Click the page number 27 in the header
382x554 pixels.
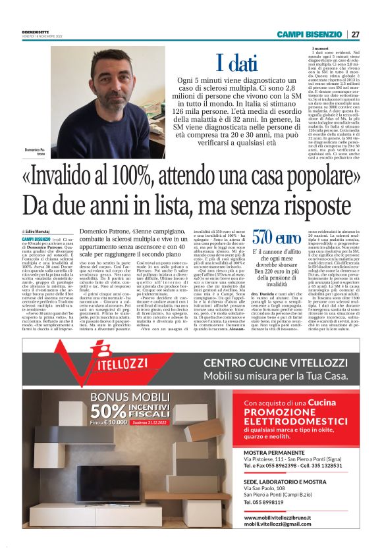[356, 34]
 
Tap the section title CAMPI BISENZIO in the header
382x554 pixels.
[308, 34]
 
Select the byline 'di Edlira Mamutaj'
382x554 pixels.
[38, 232]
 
